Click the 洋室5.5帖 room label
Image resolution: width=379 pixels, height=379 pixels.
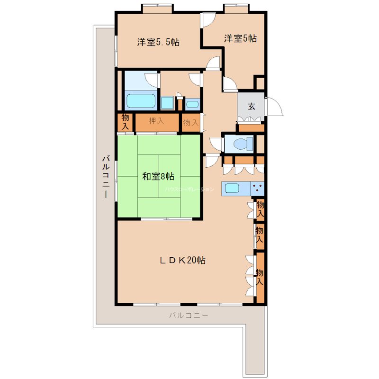point(158,42)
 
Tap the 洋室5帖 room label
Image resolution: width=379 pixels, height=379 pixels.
point(240,38)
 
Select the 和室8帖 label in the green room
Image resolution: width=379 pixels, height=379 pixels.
point(158,177)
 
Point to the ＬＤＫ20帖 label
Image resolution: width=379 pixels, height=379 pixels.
point(182,260)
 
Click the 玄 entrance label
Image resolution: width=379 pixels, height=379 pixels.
point(251,106)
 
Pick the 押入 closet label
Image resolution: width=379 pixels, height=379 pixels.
point(156,121)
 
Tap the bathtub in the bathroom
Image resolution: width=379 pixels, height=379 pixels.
point(141,101)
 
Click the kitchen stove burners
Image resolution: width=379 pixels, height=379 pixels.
point(258,188)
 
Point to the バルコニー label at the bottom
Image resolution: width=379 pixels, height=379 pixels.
point(189,315)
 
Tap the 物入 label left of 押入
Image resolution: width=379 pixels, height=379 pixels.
point(125,122)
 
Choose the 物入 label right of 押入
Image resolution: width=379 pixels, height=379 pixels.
point(191,123)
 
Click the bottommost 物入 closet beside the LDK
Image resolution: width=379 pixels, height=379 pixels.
point(260,278)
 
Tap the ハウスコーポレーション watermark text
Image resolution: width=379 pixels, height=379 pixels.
point(189,189)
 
